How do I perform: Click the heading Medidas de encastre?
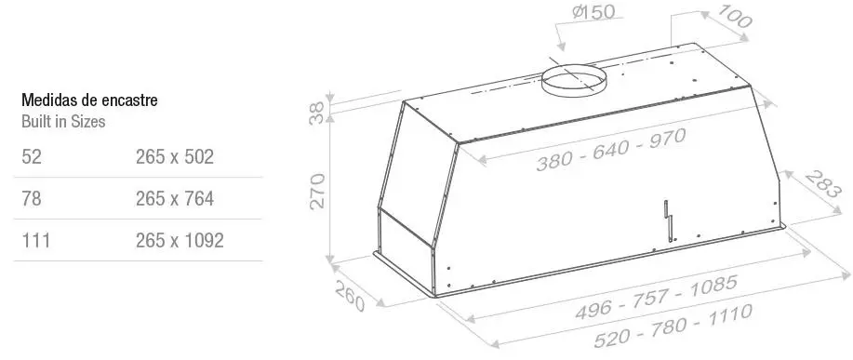pyautogui.click(x=89, y=100)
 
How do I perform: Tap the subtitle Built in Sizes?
pyautogui.click(x=63, y=121)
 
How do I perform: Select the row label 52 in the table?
pyautogui.click(x=32, y=156)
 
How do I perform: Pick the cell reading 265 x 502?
pyautogui.click(x=175, y=156)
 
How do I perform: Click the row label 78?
pyautogui.click(x=32, y=198)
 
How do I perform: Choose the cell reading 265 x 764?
pyautogui.click(x=175, y=198)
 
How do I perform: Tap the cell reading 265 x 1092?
pyautogui.click(x=180, y=240)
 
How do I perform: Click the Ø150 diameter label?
pyautogui.click(x=593, y=12)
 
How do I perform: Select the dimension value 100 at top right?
pyautogui.click(x=735, y=17)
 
